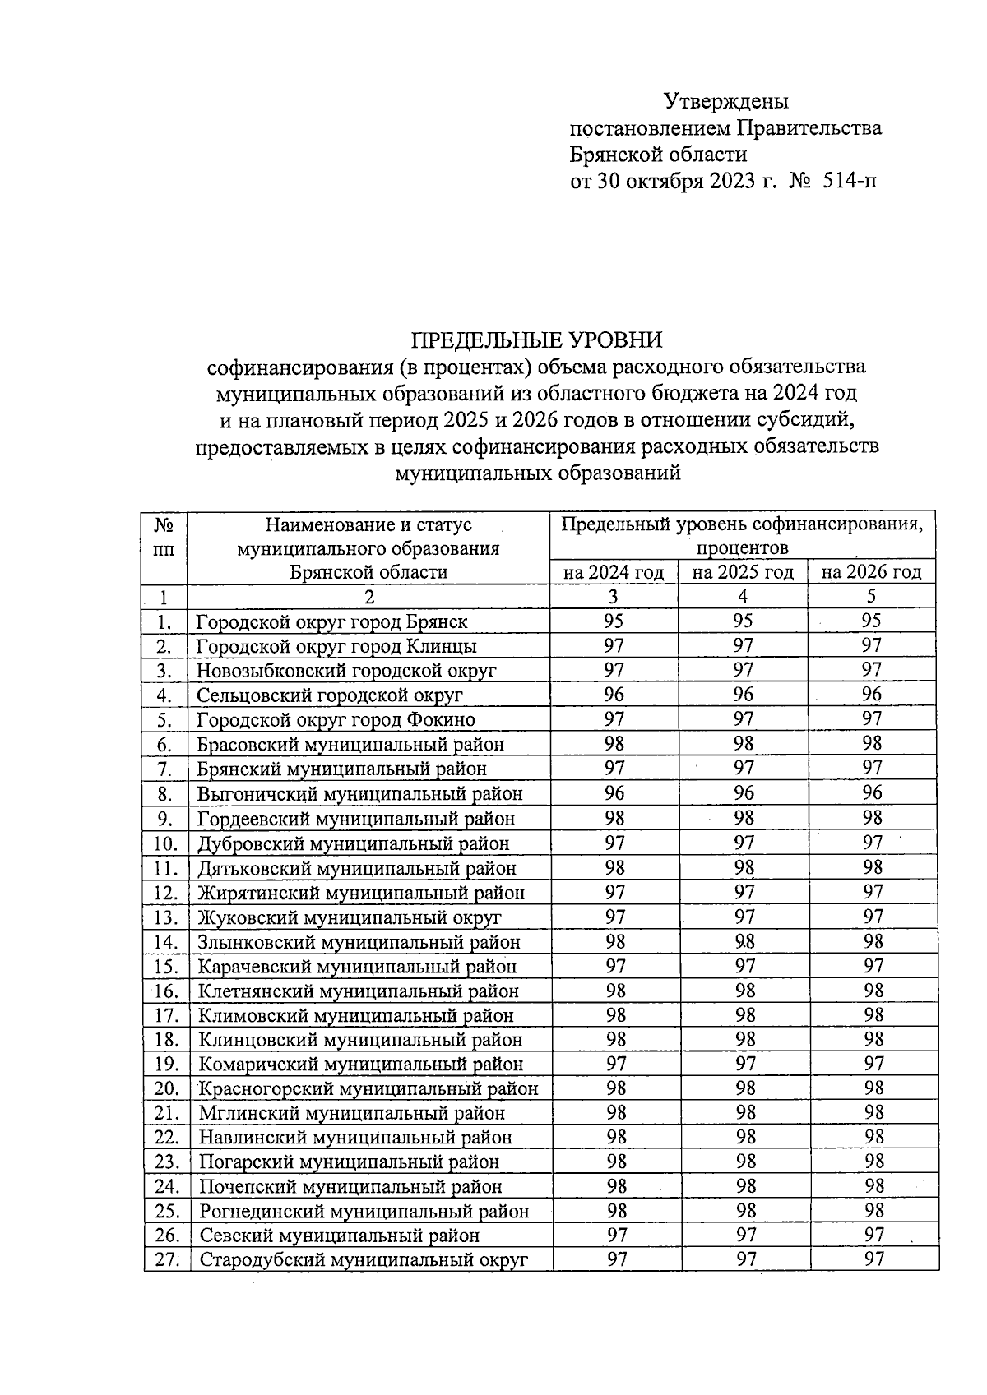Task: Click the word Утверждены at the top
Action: click(726, 101)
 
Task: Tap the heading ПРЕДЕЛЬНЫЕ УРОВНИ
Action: click(536, 340)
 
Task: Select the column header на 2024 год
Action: click(614, 572)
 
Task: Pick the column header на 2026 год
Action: click(872, 572)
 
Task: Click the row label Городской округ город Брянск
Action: click(332, 622)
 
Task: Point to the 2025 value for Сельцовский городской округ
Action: click(744, 695)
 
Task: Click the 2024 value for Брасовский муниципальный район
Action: click(614, 744)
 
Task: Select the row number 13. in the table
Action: click(166, 917)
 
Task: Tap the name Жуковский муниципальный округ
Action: click(349, 917)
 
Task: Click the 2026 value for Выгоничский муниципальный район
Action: click(873, 793)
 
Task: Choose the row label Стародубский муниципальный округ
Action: click(363, 1259)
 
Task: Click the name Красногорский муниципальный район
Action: click(368, 1088)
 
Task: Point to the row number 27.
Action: click(167, 1259)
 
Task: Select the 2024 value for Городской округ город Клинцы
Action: click(614, 646)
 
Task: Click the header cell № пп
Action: click(164, 536)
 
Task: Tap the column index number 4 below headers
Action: click(743, 597)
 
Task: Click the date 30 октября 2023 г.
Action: click(687, 180)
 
